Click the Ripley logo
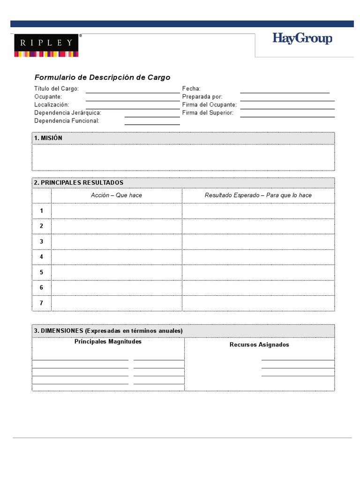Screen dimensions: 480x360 coord(46,45)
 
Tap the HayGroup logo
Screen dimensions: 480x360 coord(302,38)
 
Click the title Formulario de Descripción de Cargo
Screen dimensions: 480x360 coord(102,77)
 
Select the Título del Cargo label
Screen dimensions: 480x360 coord(56,89)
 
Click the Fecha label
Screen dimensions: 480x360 coord(191,89)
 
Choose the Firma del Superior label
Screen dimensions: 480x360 coord(208,113)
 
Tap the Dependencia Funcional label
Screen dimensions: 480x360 coord(67,121)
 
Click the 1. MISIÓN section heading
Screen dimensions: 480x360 coord(48,138)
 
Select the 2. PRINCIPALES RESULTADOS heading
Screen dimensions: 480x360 coord(79,182)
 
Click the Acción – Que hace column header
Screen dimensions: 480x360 coord(116,195)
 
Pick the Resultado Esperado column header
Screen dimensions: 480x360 coord(258,195)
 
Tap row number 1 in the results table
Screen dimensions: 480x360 coord(41,211)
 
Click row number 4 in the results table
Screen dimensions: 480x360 coord(41,257)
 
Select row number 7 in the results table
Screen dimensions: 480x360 coord(41,303)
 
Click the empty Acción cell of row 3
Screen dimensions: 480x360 coord(116,241)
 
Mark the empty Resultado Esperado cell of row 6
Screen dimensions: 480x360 coord(258,287)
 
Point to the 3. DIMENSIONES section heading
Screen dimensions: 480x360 coord(108,331)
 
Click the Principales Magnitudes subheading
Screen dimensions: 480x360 coord(108,342)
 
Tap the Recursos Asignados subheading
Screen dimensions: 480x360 coord(259,345)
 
